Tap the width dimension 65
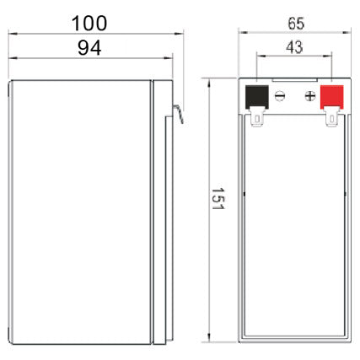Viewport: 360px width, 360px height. point(293,23)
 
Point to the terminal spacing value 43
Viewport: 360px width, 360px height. point(294,48)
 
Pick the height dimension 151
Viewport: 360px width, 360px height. point(217,205)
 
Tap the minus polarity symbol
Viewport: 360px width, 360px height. point(280,96)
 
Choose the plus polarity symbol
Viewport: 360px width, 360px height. point(309,96)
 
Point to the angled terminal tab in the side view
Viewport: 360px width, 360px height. point(178,110)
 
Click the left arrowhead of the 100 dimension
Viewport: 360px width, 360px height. point(12,33)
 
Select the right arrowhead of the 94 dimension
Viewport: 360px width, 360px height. point(168,59)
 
